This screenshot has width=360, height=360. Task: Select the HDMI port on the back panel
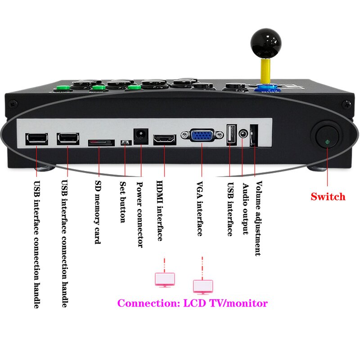pyautogui.click(x=165, y=139)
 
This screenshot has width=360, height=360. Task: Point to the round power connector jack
pyautogui.click(x=140, y=136)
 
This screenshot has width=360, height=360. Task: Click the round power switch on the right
pyautogui.click(x=326, y=138)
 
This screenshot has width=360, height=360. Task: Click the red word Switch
pyautogui.click(x=328, y=197)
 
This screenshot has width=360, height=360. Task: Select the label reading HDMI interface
pyautogui.click(x=160, y=211)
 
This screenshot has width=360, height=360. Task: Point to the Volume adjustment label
pyautogui.click(x=258, y=218)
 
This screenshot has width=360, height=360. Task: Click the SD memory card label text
pyautogui.click(x=98, y=212)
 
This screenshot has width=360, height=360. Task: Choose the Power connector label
pyautogui.click(x=139, y=214)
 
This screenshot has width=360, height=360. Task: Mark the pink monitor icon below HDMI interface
pyautogui.click(x=165, y=279)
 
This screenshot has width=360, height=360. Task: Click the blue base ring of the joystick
pyautogui.click(x=265, y=88)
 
